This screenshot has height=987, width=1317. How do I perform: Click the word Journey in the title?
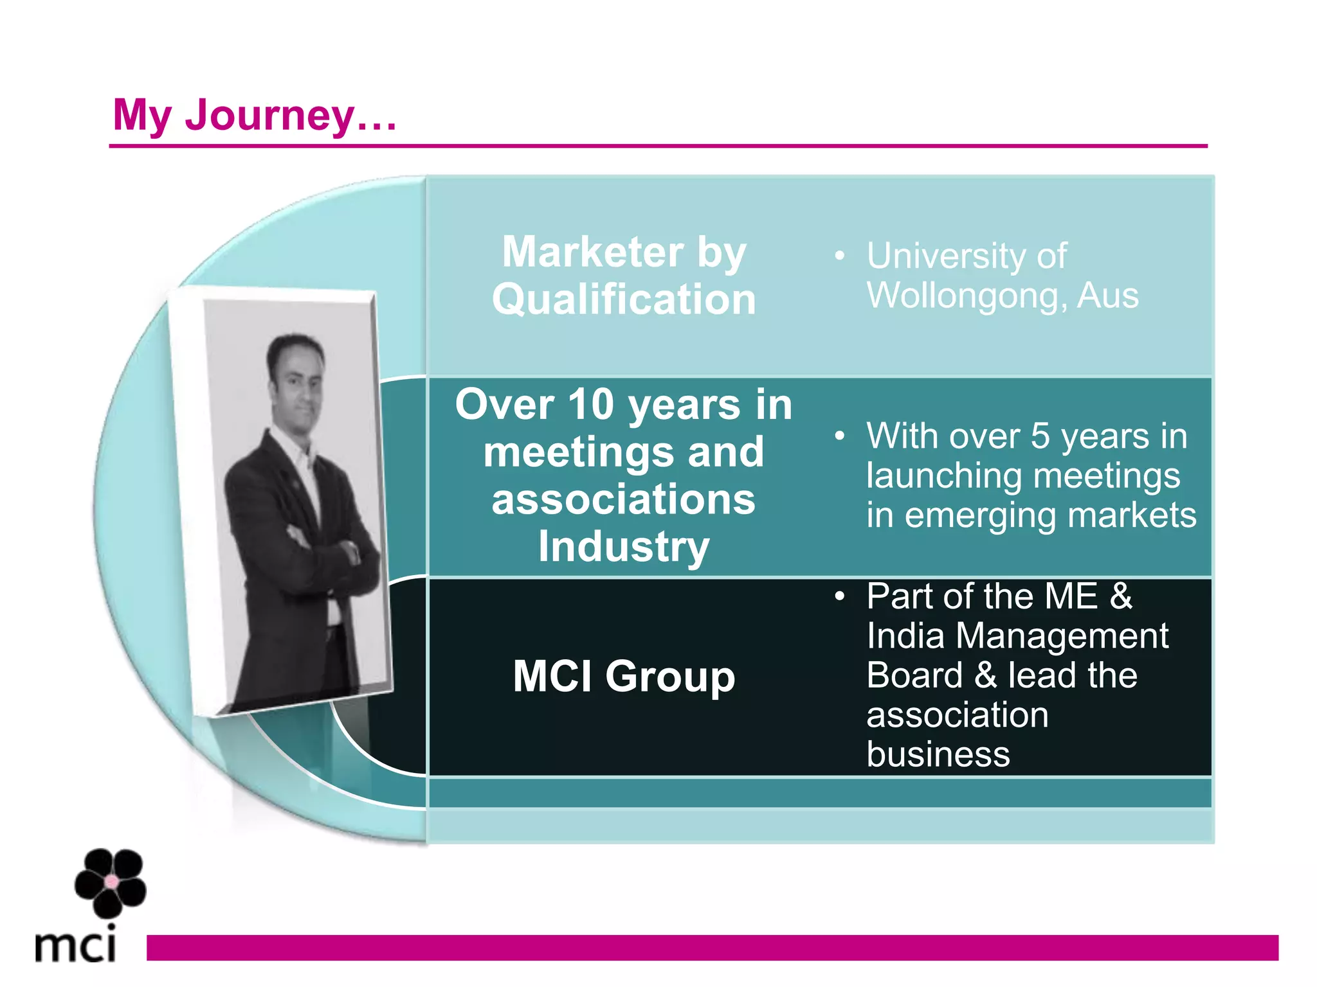[x=269, y=116]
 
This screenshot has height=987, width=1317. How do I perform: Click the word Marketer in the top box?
[x=592, y=252]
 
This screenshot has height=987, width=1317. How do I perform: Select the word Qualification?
[x=624, y=299]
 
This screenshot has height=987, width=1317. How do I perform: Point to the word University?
[x=945, y=256]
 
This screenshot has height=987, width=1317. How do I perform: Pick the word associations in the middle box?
[x=623, y=500]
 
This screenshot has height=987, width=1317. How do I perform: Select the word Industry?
[x=623, y=547]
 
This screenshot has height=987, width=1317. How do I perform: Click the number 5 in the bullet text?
[x=1040, y=436]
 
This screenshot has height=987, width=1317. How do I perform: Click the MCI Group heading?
[x=623, y=677]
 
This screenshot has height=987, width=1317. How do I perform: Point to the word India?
[x=905, y=636]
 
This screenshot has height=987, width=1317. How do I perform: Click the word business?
[x=938, y=754]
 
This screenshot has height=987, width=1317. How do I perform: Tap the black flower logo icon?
[x=111, y=882]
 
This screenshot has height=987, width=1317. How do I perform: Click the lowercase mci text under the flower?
[x=76, y=945]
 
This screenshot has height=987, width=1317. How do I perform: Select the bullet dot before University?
[x=839, y=256]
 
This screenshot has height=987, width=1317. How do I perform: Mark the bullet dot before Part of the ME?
[x=839, y=597]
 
